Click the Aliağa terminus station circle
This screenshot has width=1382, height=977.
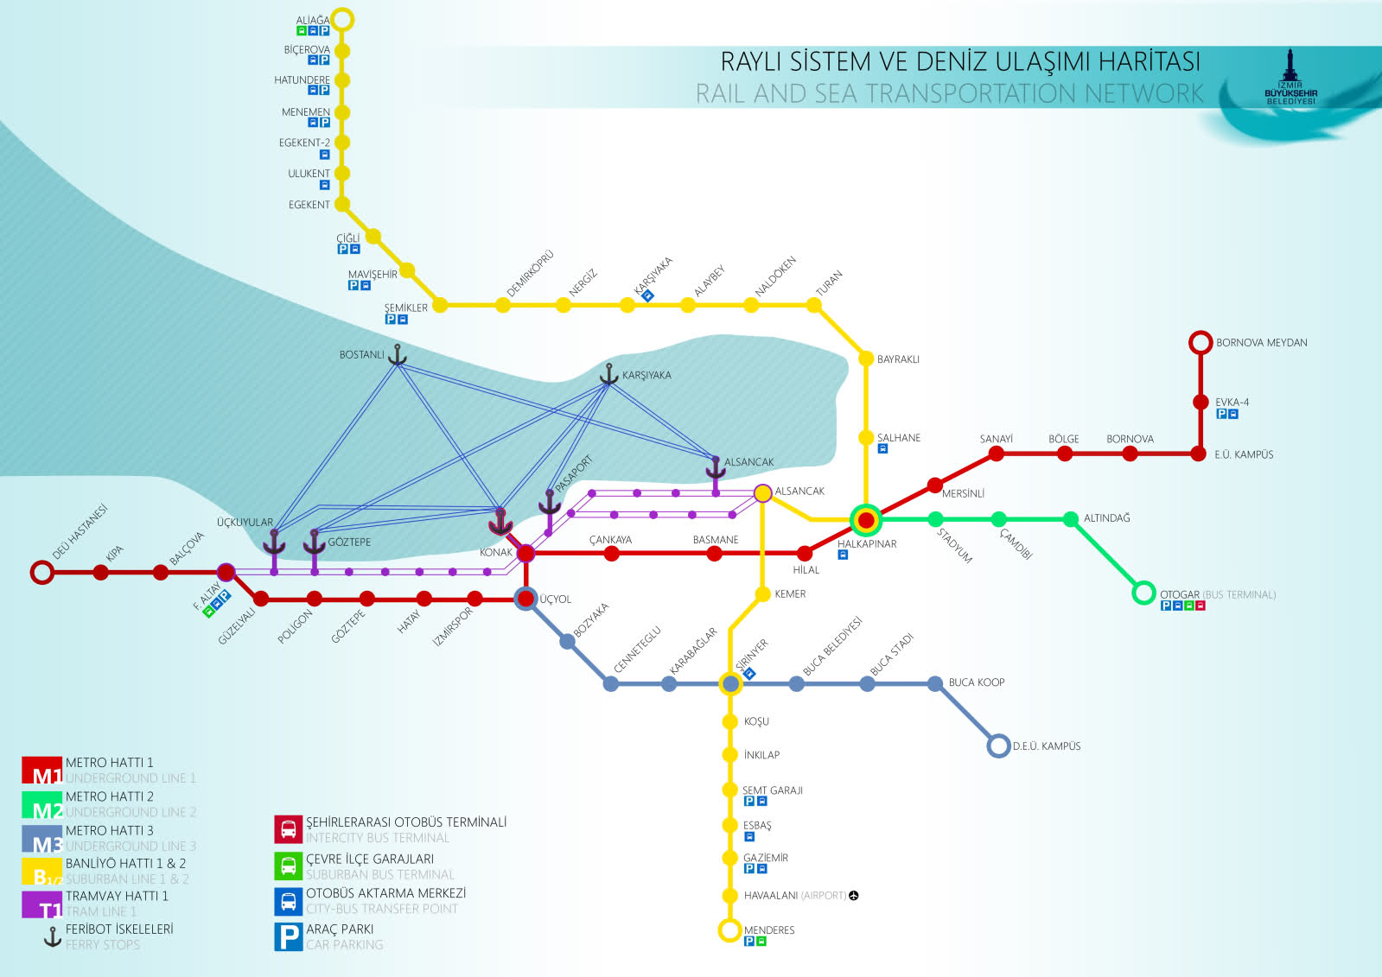[x=343, y=19]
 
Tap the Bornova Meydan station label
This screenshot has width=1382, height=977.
[x=1261, y=343]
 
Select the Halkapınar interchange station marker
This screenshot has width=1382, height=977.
[x=865, y=520]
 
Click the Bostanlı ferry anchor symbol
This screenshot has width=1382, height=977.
[x=397, y=354]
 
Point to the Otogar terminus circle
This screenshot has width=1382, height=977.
[x=1143, y=593]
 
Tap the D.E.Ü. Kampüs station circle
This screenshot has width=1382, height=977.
[x=998, y=745]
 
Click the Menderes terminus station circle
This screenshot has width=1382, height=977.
[x=729, y=929]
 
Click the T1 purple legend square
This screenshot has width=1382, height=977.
[x=41, y=904]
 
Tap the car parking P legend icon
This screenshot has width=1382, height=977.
[x=288, y=936]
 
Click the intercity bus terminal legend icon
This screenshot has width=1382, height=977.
[x=288, y=829]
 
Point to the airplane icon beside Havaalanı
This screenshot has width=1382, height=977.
[x=854, y=895]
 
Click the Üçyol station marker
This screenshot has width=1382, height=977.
[x=525, y=599]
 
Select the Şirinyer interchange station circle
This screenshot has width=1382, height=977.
[x=730, y=683]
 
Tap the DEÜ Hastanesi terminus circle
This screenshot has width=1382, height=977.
[x=41, y=572]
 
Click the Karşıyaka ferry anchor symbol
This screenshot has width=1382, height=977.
[x=609, y=375]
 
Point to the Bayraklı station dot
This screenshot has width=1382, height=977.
[x=865, y=358]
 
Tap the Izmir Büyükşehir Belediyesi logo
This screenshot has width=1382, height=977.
[x=1290, y=78]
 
